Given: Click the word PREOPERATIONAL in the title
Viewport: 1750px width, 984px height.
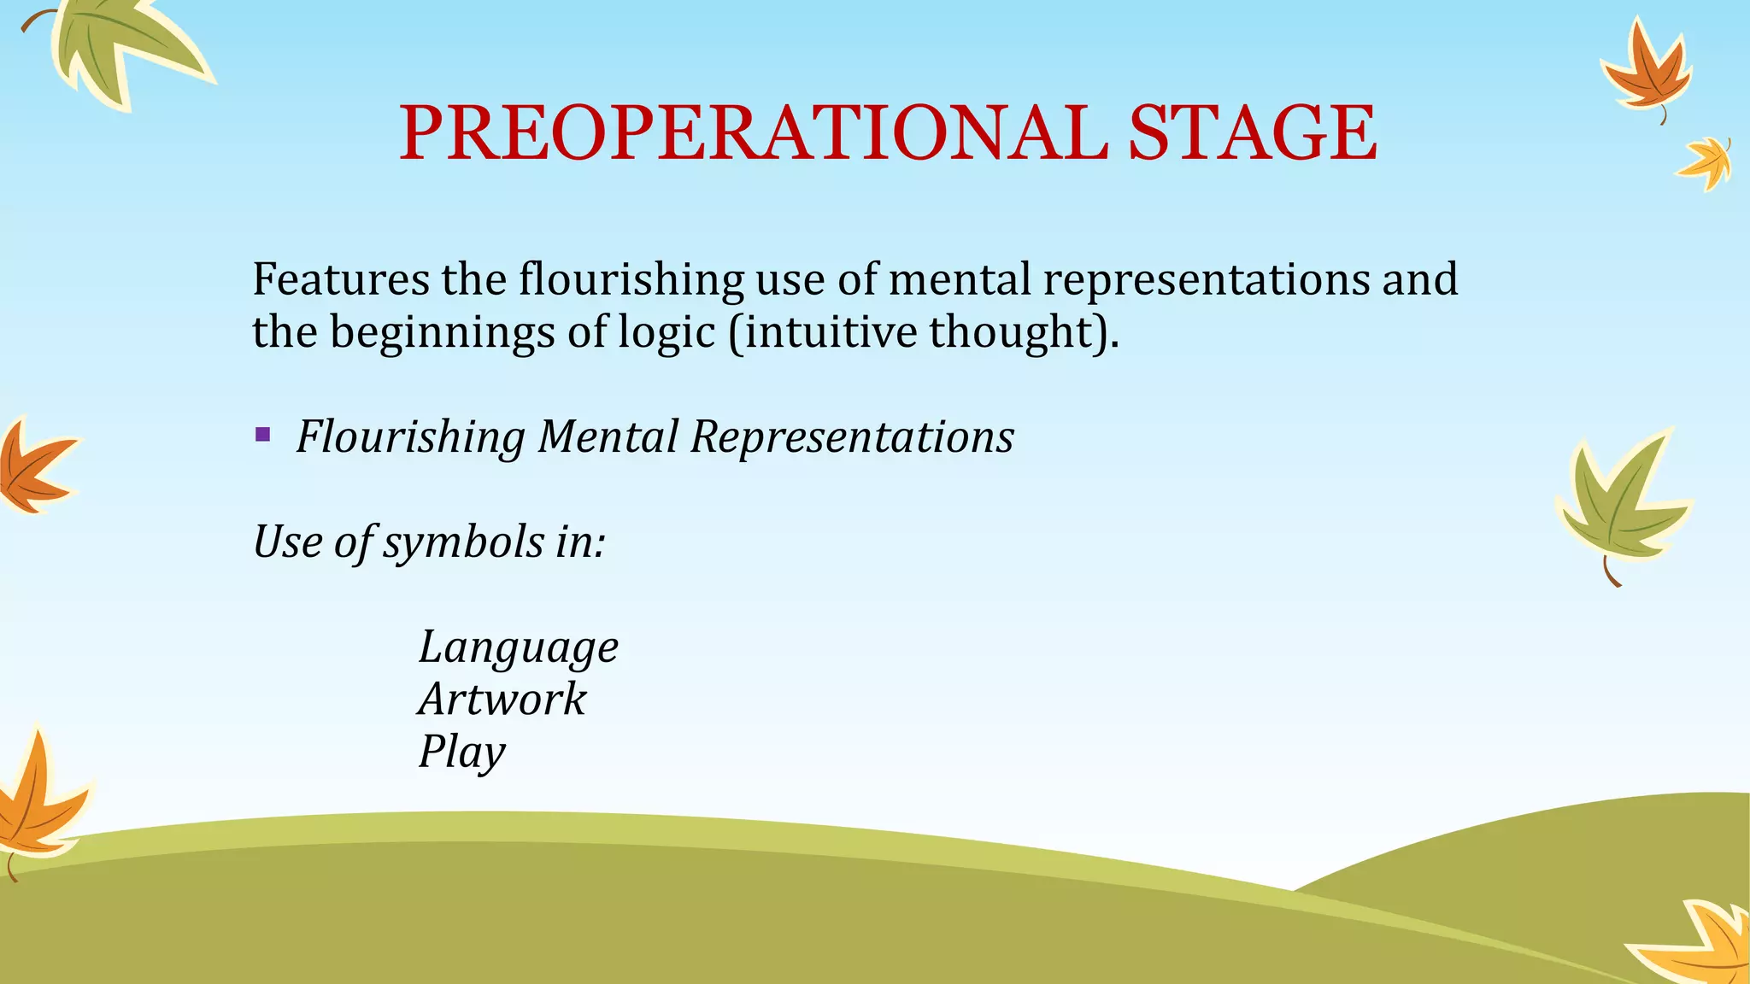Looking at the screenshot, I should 752,133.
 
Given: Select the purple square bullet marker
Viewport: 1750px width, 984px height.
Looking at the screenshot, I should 263,436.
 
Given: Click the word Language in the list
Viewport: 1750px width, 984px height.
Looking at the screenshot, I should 518,648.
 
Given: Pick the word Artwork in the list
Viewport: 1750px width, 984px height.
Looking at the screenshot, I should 502,700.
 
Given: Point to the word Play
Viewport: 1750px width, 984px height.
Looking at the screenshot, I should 461,753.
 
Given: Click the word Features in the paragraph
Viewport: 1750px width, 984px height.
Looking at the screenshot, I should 341,279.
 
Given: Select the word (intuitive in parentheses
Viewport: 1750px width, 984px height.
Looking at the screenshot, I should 822,331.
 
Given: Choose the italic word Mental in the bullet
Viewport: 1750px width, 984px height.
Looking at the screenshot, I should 608,436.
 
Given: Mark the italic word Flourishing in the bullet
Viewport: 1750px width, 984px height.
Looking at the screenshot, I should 410,436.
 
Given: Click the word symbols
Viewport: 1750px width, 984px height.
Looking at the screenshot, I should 463,542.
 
